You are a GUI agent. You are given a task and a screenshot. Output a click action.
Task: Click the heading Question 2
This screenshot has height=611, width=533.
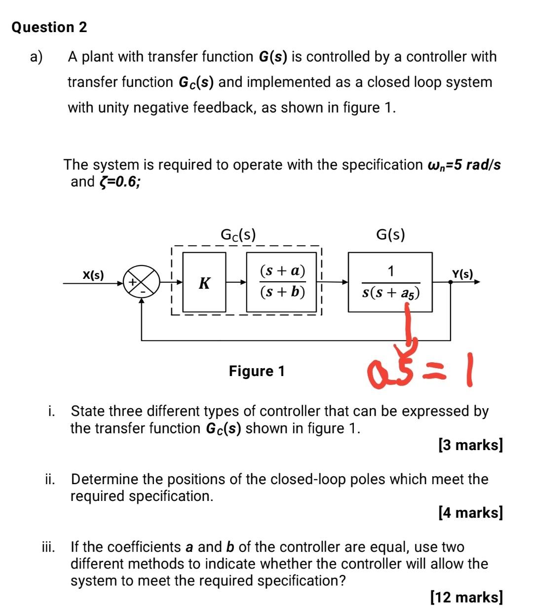pyautogui.click(x=49, y=27)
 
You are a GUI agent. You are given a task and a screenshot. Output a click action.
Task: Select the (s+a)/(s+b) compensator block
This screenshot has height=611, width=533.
pyautogui.click(x=282, y=282)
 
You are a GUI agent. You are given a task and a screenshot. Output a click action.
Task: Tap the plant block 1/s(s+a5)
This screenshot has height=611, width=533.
pyautogui.click(x=390, y=282)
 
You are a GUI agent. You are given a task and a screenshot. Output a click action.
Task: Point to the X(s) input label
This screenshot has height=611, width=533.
pyautogui.click(x=93, y=275)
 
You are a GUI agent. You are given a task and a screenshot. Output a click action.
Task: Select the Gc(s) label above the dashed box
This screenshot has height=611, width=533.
pyautogui.click(x=238, y=234)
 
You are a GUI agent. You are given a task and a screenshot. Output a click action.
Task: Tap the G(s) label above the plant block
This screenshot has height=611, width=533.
pyautogui.click(x=390, y=234)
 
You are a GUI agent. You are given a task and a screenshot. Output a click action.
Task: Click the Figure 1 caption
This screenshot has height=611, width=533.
pyautogui.click(x=257, y=371)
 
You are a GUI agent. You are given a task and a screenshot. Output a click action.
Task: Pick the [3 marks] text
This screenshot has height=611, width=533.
pyautogui.click(x=470, y=445)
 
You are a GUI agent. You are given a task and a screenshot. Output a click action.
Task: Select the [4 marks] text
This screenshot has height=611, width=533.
pyautogui.click(x=470, y=512)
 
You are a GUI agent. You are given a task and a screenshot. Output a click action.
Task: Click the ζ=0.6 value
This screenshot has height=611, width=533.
pyautogui.click(x=119, y=182)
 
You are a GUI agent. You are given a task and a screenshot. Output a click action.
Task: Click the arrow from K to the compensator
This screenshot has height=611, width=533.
pyautogui.click(x=236, y=283)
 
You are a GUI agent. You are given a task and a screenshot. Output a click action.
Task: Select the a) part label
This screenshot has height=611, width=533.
pyautogui.click(x=36, y=57)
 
